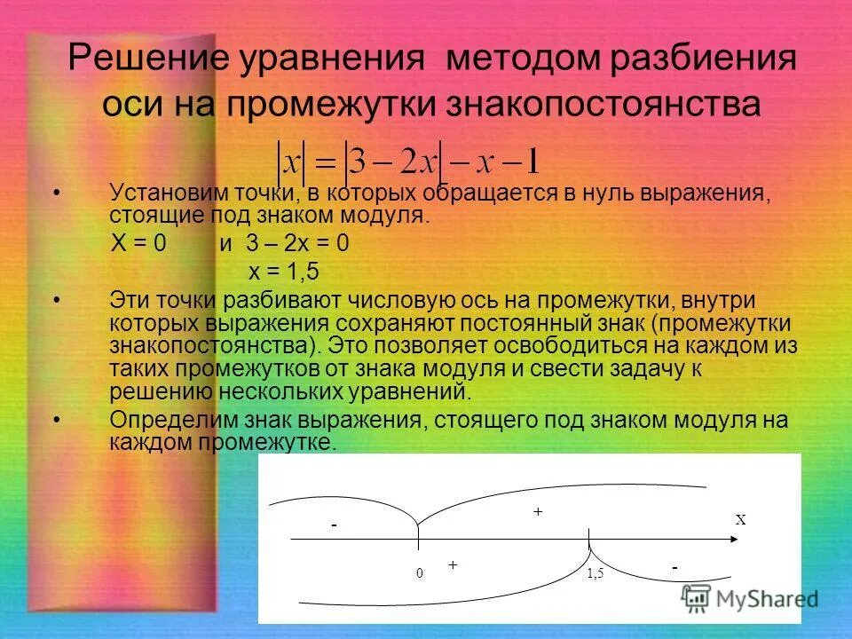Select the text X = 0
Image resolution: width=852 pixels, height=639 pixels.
(138, 245)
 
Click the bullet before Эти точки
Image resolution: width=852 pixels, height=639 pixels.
(58, 302)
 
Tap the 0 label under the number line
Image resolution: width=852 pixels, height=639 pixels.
(419, 573)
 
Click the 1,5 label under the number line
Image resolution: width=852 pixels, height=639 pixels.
(595, 574)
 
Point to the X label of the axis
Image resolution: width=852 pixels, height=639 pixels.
(740, 521)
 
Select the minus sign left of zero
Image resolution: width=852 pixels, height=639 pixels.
(335, 526)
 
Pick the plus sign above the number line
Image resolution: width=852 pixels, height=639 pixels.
(537, 512)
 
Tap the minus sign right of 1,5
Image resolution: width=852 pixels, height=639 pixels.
(674, 566)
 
